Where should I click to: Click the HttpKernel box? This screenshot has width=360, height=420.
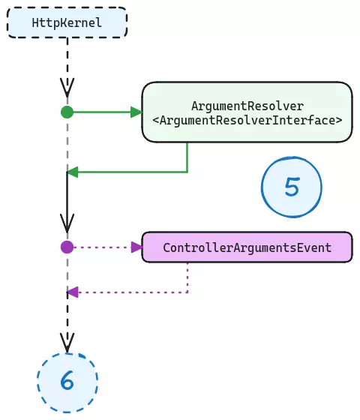tap(67, 23)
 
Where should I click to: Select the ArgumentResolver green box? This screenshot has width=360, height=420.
tap(247, 112)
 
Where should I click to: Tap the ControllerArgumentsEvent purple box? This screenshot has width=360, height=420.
tap(247, 247)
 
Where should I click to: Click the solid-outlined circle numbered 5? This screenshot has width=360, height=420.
tap(292, 187)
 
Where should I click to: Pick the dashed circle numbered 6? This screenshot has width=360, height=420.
tap(67, 381)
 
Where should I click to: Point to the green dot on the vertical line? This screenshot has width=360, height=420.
tap(67, 112)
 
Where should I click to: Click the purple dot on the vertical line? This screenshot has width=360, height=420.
tap(67, 247)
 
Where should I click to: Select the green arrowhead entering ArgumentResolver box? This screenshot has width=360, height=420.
tap(136, 112)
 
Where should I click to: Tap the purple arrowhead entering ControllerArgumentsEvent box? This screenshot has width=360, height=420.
tap(136, 247)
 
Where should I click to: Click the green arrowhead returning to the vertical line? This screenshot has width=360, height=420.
tap(73, 172)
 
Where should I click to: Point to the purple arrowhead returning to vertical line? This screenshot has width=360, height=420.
tap(73, 292)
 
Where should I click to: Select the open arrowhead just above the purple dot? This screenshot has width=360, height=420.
tap(67, 223)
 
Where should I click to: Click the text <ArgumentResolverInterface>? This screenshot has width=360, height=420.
tap(247, 120)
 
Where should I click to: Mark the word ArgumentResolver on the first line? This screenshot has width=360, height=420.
tap(247, 106)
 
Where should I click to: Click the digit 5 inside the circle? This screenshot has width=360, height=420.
tap(292, 187)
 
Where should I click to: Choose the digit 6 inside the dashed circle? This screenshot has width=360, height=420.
tap(67, 381)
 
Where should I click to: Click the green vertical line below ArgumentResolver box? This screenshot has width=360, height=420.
tap(187, 157)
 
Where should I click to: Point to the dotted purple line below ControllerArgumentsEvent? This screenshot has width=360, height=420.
tap(187, 277)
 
